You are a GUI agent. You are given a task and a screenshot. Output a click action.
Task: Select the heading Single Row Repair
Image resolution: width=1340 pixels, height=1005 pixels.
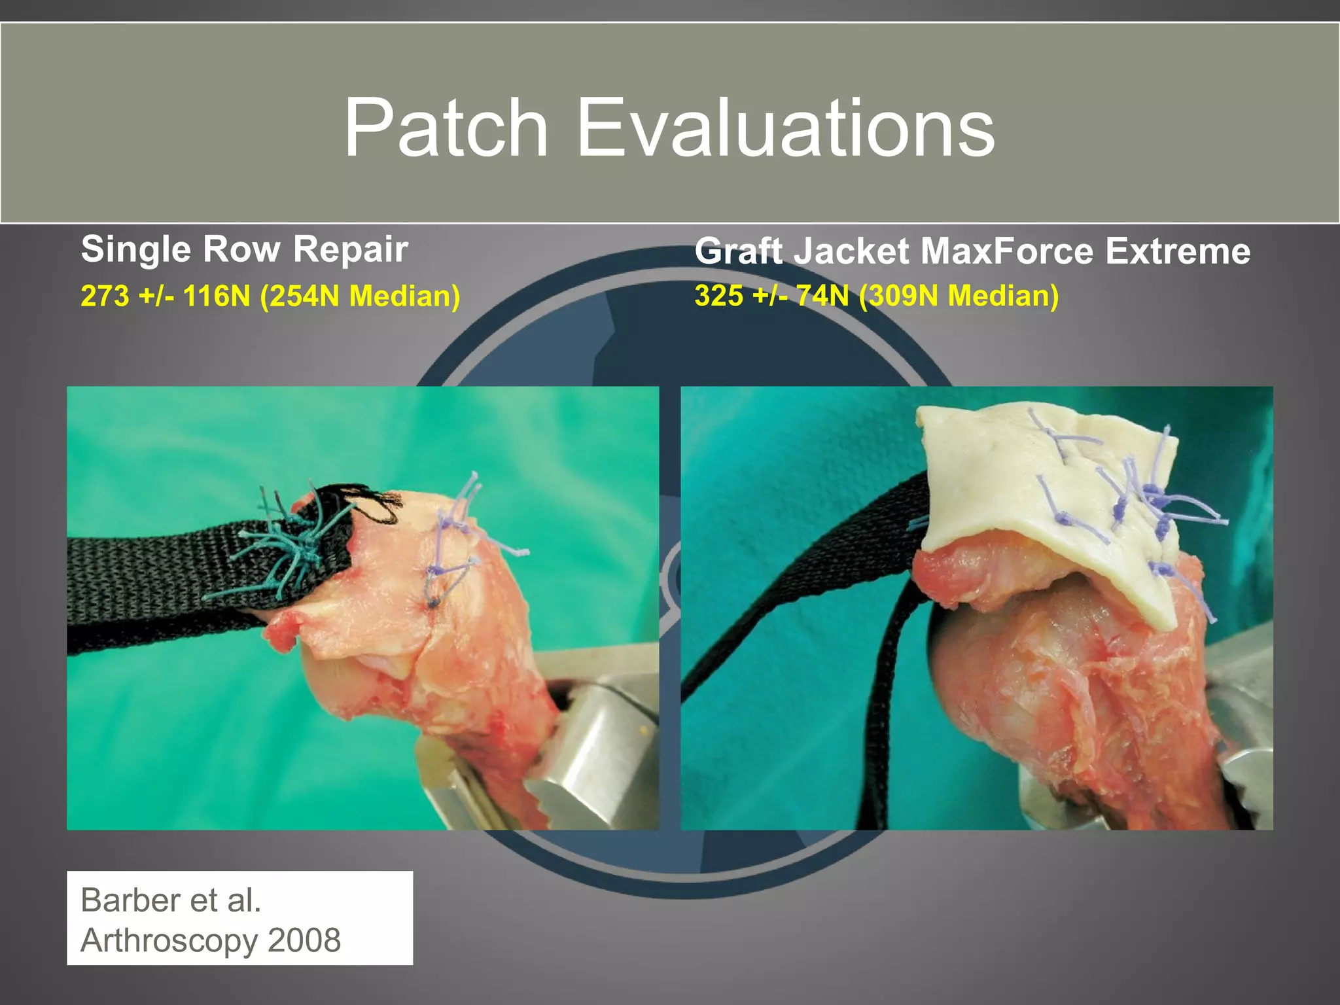[245, 249]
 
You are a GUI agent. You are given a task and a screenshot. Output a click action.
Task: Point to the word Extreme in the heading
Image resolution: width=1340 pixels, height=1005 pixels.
[1178, 251]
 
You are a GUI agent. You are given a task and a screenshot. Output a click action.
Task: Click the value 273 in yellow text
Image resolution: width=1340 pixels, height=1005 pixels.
[105, 296]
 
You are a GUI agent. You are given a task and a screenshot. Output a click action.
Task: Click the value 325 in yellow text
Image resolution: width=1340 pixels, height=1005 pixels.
[719, 295]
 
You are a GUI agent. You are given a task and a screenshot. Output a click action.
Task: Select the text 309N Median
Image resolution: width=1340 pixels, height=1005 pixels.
[959, 295]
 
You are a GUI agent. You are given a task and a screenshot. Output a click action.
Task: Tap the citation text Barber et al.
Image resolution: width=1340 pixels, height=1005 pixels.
[171, 900]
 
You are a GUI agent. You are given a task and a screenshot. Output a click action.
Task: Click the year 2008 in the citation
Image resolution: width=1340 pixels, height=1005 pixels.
[304, 940]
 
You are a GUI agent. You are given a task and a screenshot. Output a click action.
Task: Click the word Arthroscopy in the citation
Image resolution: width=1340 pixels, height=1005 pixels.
[169, 940]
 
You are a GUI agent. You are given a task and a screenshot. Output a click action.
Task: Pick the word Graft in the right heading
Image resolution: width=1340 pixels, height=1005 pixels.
[737, 251]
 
